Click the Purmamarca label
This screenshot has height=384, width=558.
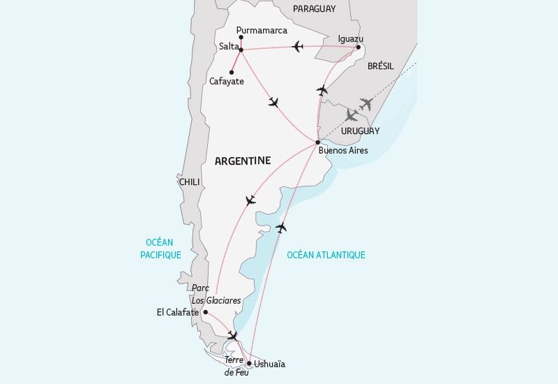tap(262, 30)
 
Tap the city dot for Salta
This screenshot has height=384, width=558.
tap(241, 49)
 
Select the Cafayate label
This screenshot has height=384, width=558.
tap(227, 81)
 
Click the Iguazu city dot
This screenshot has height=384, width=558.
tap(359, 47)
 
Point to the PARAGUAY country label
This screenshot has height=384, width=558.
tap(314, 9)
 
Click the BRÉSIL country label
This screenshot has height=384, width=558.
tap(380, 66)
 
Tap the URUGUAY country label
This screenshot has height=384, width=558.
tap(361, 131)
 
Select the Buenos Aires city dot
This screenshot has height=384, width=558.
tap(317, 142)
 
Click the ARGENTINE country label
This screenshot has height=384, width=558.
tap(243, 161)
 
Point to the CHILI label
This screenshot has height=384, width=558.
tap(190, 182)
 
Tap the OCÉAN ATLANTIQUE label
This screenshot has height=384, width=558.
tap(326, 255)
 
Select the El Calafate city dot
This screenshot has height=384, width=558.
tap(205, 312)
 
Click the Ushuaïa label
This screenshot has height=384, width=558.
tap(270, 364)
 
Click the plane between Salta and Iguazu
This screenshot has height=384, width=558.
tap(298, 47)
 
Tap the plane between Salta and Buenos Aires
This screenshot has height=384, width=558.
tap(273, 103)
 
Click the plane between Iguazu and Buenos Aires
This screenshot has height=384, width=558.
tap(322, 90)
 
